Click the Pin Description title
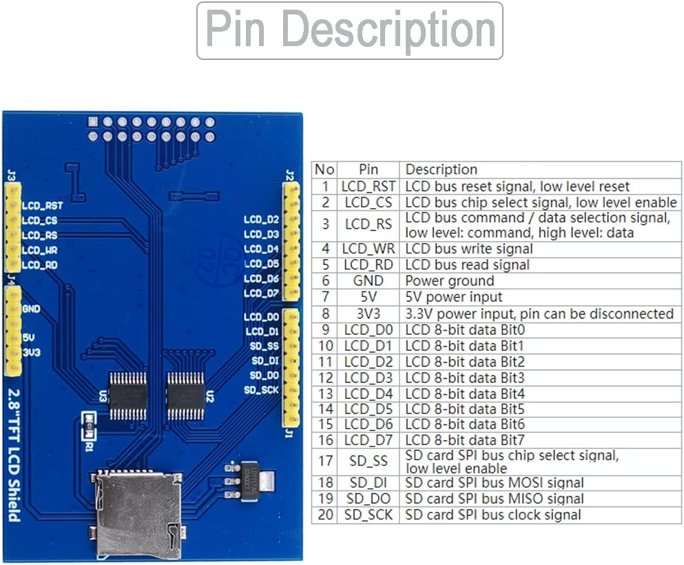[350, 29]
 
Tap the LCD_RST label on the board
[42, 205]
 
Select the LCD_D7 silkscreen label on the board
[261, 294]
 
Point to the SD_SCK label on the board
[261, 389]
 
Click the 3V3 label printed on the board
[32, 352]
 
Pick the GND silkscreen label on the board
[32, 309]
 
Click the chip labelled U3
[128, 396]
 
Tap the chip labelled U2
[186, 396]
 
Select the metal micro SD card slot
[138, 515]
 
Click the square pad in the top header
[93, 122]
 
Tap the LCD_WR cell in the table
[368, 249]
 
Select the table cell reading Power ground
[449, 280]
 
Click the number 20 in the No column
[325, 515]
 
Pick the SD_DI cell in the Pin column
[368, 482]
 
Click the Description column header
[441, 169]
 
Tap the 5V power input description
[454, 297]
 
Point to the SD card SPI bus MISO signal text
[495, 499]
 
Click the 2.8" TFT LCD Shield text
[14, 455]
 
